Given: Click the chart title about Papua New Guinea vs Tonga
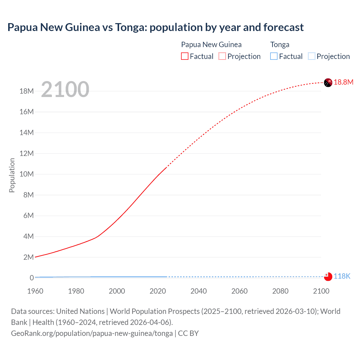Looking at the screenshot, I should tap(155, 27).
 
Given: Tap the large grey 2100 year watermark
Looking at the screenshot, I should tap(65, 89).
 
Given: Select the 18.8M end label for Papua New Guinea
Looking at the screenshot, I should tap(343, 82).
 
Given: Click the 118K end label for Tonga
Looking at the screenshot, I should tap(342, 276).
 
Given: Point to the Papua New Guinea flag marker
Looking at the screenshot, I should tap(328, 83).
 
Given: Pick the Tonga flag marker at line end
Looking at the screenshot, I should tap(328, 277).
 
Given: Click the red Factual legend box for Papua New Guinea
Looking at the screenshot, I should tap(185, 56).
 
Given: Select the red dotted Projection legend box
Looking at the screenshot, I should tap(222, 56).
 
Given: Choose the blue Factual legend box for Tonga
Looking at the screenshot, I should tap(274, 56).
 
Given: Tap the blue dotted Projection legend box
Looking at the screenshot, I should tap(312, 56).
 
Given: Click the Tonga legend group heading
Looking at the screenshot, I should tap(280, 45).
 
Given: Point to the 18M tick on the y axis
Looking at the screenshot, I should tap(27, 91).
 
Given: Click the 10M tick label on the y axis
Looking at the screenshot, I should tap(27, 174).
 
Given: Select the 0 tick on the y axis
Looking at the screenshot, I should tap(32, 278).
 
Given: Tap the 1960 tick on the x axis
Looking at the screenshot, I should tap(35, 291).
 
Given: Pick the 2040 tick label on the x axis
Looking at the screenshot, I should tap(199, 291).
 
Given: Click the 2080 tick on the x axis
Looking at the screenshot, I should tap(280, 291).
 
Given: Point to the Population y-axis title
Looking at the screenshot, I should tap(12, 175).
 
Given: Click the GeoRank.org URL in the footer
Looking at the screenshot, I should tap(92, 333).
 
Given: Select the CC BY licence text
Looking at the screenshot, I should tap(188, 333).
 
